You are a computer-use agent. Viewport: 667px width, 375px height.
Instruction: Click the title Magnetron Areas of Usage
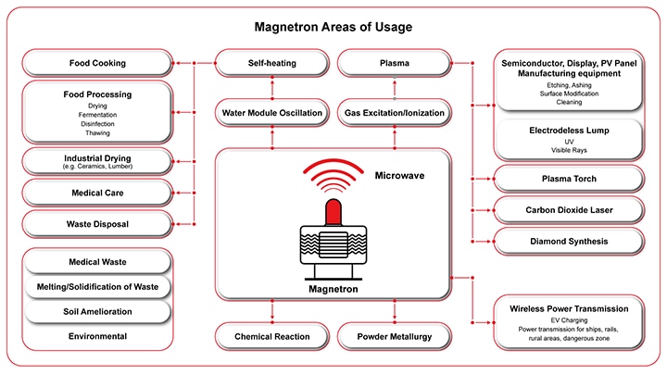point(333,26)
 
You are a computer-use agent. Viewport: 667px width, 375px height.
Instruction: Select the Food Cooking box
point(97,64)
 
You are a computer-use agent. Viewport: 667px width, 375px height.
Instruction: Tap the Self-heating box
point(271,64)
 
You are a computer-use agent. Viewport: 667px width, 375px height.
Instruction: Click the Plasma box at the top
point(395,64)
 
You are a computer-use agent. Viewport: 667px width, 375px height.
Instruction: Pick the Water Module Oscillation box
point(271,113)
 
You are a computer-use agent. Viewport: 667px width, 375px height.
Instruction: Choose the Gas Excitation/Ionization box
point(395,113)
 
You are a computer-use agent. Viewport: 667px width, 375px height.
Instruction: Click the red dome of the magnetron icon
point(333,208)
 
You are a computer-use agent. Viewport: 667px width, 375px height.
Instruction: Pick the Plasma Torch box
point(567,179)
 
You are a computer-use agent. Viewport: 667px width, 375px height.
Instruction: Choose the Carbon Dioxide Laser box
point(567,209)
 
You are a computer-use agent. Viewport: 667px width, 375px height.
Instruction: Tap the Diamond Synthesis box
point(567,241)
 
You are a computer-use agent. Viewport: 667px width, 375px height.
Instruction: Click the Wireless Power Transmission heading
point(569,308)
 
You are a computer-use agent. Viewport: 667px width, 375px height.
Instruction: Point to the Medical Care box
point(97,193)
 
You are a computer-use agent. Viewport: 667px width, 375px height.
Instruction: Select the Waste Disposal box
point(97,223)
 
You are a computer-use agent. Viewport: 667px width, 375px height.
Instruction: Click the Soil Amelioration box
point(97,311)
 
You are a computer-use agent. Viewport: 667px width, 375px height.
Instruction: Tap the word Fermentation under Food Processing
point(97,114)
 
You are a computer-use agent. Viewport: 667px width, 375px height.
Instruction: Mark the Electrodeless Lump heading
point(569,131)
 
